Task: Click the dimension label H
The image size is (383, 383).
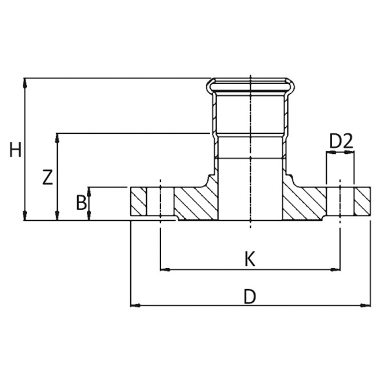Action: point(15,149)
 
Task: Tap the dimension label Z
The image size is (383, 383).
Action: point(47,177)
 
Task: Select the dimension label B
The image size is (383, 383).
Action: point(81,202)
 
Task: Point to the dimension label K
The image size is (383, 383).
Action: point(250,259)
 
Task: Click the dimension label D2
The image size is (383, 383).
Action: point(341,141)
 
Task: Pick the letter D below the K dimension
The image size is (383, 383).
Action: point(250,296)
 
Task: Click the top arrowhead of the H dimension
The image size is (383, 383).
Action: point(25,83)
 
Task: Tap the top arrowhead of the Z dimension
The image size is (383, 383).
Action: point(57,138)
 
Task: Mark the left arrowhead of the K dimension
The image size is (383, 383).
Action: point(165,270)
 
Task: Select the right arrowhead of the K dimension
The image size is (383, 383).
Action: point(335,270)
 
